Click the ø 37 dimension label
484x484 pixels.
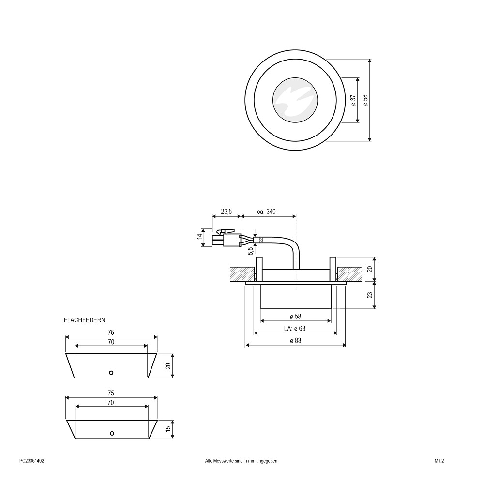354,100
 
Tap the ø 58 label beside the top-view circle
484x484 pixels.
366,100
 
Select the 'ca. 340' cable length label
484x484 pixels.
266,212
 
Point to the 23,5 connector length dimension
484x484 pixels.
226,212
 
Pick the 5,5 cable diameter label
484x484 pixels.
250,250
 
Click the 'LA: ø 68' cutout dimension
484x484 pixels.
294,329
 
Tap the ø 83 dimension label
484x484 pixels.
295,340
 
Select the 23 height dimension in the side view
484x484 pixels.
370,294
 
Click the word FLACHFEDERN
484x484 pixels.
84,320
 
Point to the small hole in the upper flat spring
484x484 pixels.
111,373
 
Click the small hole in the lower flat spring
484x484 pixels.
112,433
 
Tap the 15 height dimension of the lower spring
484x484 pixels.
168,429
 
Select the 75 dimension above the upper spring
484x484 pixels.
111,333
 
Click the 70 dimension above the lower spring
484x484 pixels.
111,403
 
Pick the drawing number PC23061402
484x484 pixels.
32,461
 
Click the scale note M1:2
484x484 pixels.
439,461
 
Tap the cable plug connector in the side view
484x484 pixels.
226,238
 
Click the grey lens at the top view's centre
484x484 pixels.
295,100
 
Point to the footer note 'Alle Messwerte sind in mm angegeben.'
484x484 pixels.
242,461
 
